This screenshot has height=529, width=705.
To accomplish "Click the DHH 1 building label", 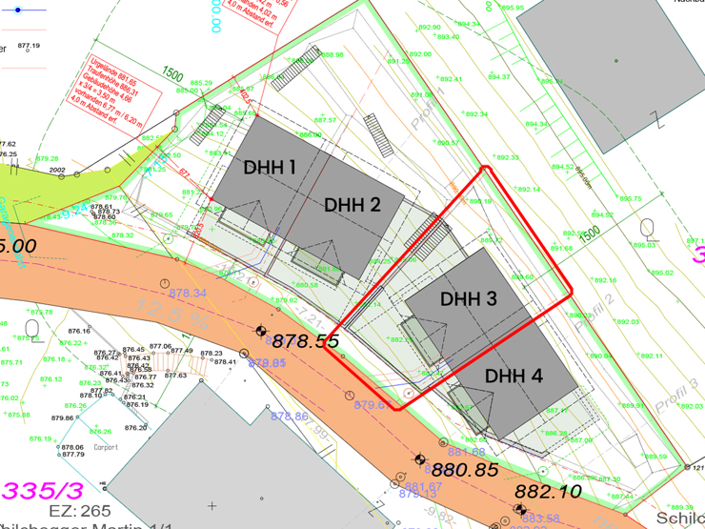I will coord(270,168).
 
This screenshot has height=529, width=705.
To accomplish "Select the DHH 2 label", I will coord(352,205).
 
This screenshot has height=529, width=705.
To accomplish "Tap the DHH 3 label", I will coord(469,299).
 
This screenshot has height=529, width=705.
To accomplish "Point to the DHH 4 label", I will coord(514,376).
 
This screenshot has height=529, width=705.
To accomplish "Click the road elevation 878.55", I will coord(305,341).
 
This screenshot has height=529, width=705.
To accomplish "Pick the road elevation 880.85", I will coord(465,470).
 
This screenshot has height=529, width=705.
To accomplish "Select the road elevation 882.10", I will coord(548,492).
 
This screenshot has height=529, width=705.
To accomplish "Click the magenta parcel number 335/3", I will coord(43,491).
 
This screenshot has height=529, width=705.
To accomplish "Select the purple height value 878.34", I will coord(187,293).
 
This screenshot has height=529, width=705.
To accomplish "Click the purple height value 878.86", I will coord(290,417).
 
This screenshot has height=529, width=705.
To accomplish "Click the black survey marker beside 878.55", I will coord(260,330).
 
